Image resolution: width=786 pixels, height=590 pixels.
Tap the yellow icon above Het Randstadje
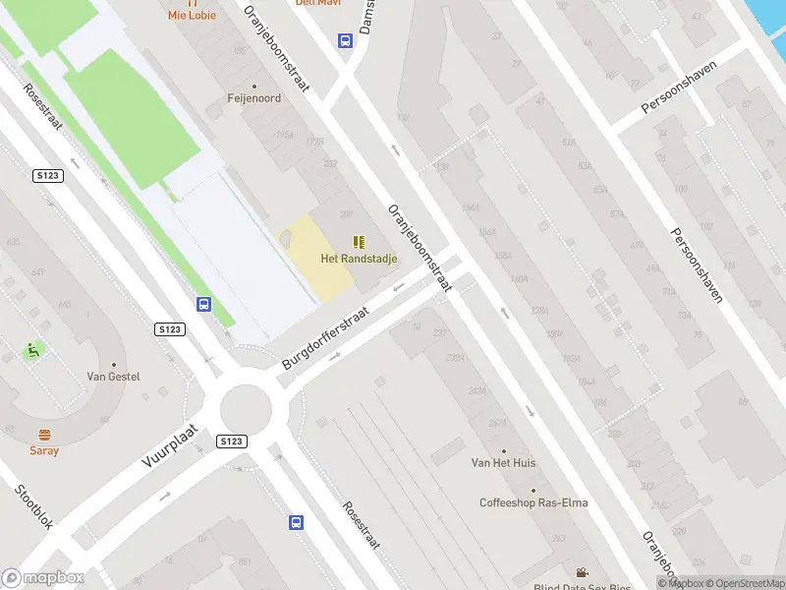pos(358,241)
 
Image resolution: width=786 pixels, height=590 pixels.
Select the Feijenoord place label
pos(253,98)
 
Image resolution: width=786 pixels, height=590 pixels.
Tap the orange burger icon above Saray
pos(43,435)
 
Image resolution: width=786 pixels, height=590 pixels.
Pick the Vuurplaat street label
pos(171,451)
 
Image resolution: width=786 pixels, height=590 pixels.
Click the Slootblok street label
pos(33,506)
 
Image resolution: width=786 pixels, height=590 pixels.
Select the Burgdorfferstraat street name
pos(325,337)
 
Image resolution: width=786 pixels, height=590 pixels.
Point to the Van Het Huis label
pos(504,462)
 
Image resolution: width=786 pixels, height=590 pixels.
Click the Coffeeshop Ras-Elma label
pos(533,502)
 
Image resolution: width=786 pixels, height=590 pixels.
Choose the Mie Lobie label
pos(191,15)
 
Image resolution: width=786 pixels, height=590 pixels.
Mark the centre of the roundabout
pos(244,405)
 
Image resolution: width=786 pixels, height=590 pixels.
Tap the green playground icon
pos(32,349)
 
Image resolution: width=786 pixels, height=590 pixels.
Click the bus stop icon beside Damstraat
pos(346,41)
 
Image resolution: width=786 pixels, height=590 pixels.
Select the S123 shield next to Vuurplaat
pos(231,442)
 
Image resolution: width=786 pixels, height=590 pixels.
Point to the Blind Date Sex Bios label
pos(582,587)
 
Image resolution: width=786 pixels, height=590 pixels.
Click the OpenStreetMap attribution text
pos(743,583)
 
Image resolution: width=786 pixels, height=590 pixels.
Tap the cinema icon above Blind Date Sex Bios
pos(582,572)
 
